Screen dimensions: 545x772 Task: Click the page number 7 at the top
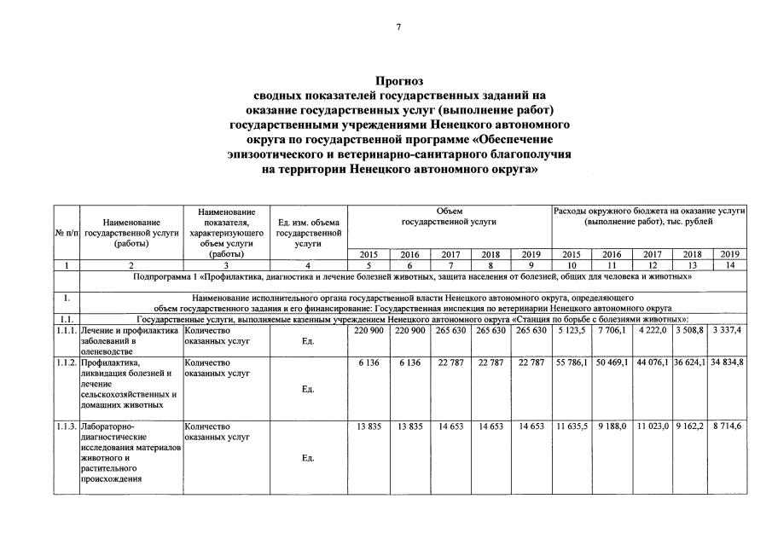(398, 27)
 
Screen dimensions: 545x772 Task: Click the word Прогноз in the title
(400, 82)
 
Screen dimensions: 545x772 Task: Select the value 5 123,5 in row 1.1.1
(571, 331)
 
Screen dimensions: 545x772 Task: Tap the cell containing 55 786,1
(571, 362)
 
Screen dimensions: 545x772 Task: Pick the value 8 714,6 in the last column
(728, 426)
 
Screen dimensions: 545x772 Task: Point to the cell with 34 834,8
(728, 362)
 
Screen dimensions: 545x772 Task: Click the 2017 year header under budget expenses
(653, 254)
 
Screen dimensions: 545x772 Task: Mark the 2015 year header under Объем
(369, 254)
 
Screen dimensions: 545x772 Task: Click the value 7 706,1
(612, 331)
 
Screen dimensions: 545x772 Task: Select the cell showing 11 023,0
(653, 426)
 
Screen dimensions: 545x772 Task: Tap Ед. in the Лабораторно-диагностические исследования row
(308, 458)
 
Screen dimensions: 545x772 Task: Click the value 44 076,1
(653, 362)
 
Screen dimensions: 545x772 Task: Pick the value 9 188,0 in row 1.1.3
(612, 426)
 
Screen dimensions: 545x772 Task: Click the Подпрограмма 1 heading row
(413, 277)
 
